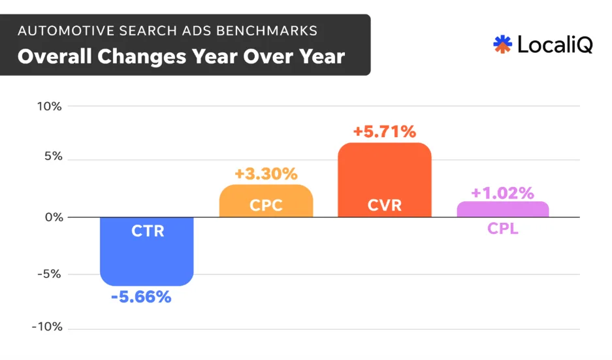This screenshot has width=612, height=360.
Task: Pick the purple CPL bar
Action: pos(502,209)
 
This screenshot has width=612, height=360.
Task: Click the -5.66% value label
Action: pos(140,297)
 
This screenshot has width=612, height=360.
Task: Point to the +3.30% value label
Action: pos(266,174)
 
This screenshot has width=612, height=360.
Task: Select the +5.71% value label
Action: pos(384,132)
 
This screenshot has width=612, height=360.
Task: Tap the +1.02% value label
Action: pos(502,193)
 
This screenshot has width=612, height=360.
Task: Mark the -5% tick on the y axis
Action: pos(49,274)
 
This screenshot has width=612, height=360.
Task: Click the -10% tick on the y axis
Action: pos(47,327)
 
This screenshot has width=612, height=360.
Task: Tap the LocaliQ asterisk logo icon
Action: pos(502,44)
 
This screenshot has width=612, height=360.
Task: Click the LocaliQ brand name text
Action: pos(555,44)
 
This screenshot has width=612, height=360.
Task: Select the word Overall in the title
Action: pos(50,56)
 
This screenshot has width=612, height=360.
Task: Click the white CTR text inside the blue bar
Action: pos(147,231)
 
